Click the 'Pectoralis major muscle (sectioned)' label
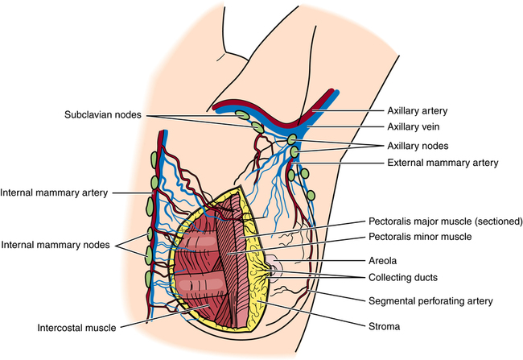tap(445, 220)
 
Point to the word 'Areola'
tap(382, 261)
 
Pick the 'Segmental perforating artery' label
tap(426, 300)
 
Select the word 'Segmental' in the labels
tap(392, 300)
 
